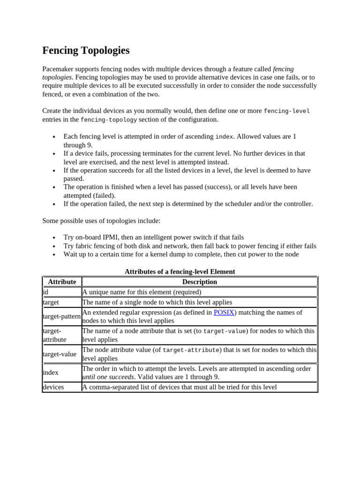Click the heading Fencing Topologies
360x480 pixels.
point(86,51)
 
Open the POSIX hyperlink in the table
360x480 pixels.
point(224,312)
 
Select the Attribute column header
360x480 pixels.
point(62,282)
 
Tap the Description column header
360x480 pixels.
point(199,282)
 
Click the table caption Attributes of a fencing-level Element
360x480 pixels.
point(180,271)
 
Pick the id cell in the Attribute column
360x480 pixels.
point(45,292)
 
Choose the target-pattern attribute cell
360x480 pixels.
point(61,316)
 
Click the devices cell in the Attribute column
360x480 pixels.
point(53,387)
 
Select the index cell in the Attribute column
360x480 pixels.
point(51,373)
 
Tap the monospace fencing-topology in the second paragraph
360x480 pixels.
point(109,120)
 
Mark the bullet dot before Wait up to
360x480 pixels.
point(54,255)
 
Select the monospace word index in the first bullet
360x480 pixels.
point(224,136)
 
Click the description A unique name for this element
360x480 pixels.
point(142,292)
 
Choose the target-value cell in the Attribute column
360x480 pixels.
point(60,354)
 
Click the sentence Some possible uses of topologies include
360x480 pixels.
point(101,220)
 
